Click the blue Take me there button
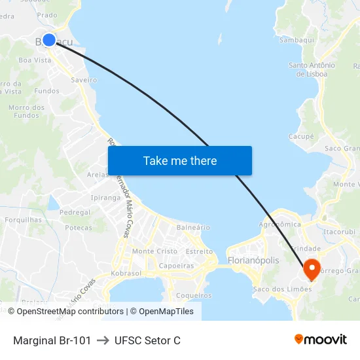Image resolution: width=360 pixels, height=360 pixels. click(180, 161)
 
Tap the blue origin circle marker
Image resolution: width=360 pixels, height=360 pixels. click(49, 40)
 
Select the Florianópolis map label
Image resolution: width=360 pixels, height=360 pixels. click(253, 261)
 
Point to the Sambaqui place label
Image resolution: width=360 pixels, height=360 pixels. click(297, 40)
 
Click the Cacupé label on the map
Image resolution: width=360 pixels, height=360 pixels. click(301, 137)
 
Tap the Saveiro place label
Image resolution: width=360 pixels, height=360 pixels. click(84, 80)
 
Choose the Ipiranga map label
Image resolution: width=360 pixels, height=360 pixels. click(106, 197)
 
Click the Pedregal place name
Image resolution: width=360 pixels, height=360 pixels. click(75, 213)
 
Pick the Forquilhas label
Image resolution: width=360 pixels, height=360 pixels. click(24, 220)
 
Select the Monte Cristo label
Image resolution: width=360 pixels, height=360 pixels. click(154, 251)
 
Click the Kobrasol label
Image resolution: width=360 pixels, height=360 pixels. click(126, 273)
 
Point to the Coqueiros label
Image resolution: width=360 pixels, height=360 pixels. click(194, 295)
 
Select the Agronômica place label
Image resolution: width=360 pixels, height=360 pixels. click(279, 224)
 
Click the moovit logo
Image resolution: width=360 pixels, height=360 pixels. click(321, 339)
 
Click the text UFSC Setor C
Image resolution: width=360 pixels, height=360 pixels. click(147, 340)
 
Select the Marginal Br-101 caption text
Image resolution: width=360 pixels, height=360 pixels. click(52, 340)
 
